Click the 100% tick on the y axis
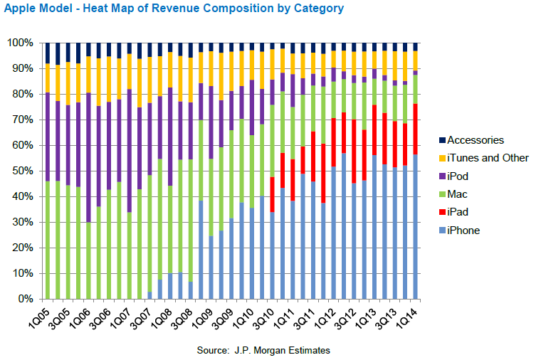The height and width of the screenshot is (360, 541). pos(19,43)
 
